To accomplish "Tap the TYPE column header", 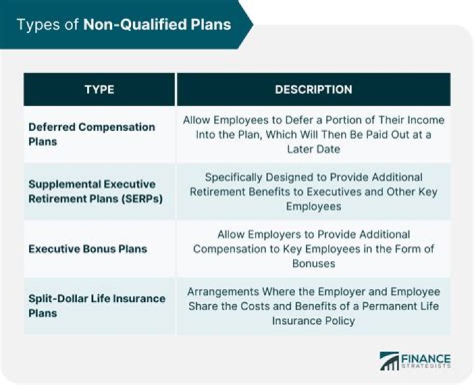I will (x=99, y=89).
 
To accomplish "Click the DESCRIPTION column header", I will (x=313, y=89).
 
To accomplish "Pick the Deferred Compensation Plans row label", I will (x=92, y=134).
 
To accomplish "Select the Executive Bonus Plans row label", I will (x=88, y=249).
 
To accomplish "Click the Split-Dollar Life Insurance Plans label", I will (x=97, y=306).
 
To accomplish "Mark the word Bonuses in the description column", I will (x=313, y=263).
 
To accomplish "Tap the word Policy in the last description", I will (x=340, y=321).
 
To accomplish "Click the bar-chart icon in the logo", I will (x=389, y=361).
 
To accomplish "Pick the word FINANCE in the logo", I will (x=426, y=357).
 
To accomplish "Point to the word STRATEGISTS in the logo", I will (x=426, y=367).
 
